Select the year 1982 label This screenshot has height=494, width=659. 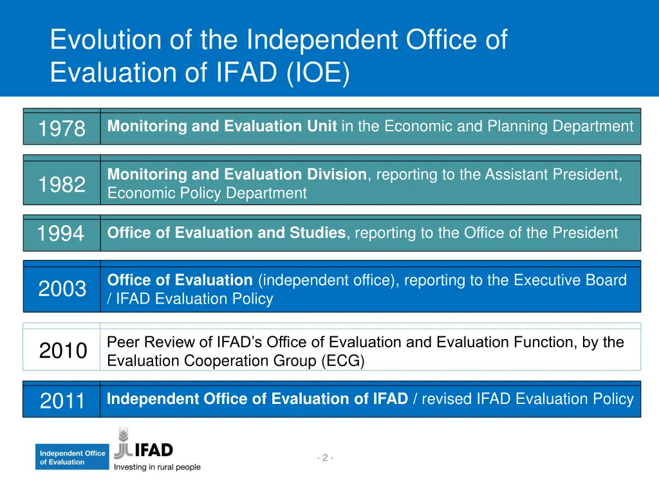tap(61, 185)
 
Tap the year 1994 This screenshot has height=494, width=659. tap(60, 233)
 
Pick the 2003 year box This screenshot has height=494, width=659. tap(62, 289)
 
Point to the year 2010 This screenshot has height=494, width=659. tap(62, 351)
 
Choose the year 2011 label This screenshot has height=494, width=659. tap(62, 401)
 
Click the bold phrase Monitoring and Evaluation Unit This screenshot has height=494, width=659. tap(221, 127)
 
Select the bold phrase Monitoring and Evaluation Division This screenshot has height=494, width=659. tap(236, 174)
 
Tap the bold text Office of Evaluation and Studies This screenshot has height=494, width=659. tap(226, 233)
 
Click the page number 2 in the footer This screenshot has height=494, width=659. tap(325, 458)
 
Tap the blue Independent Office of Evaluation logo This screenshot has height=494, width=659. tap(72, 457)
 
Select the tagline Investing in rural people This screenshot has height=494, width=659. tap(157, 467)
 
